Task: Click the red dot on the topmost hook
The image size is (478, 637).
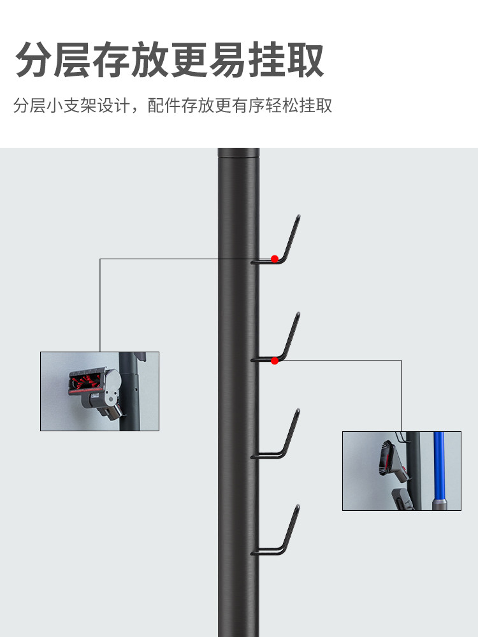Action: (275, 259)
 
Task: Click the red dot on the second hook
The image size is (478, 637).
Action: (275, 361)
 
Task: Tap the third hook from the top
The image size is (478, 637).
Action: (280, 440)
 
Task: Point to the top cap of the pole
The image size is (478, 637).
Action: (238, 153)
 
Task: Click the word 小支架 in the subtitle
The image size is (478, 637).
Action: (69, 106)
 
